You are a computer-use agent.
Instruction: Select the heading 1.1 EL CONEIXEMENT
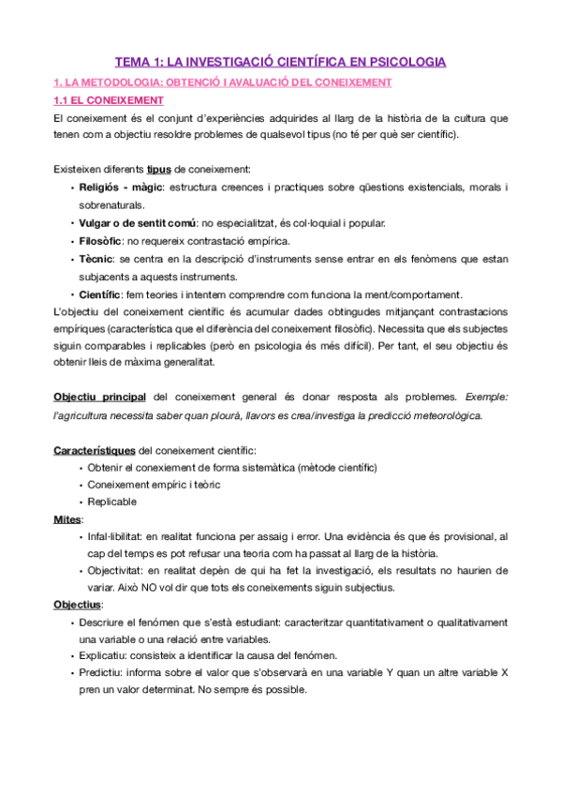[x=109, y=100]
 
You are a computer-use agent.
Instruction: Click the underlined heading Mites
[x=67, y=518]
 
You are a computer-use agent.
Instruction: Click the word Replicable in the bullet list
[x=112, y=502]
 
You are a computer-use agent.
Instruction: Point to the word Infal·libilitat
[x=123, y=536]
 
